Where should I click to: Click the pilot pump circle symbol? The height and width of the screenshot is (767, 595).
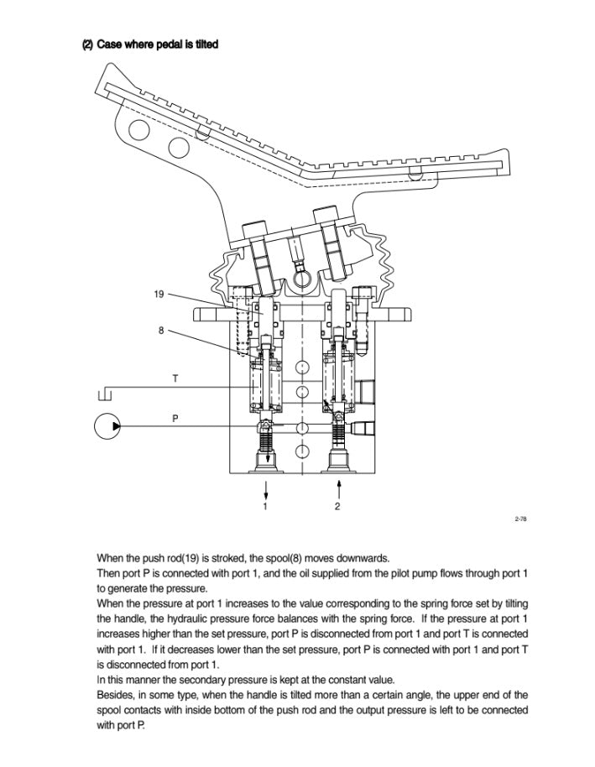pos(107,426)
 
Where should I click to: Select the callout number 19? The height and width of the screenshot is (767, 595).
pos(159,295)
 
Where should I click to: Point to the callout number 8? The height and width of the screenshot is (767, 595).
pos(161,330)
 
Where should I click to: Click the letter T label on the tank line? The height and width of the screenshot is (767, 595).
pos(175,378)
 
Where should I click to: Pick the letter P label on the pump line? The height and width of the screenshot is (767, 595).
pos(175,417)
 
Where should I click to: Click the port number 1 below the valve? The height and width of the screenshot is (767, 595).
pos(265,506)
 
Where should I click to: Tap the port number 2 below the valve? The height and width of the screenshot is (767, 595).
pos(337,506)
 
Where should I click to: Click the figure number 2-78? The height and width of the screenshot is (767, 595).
pos(520,519)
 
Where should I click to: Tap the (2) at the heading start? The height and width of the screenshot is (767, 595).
pos(86,44)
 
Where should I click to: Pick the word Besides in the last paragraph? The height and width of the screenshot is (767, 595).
pos(116,695)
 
